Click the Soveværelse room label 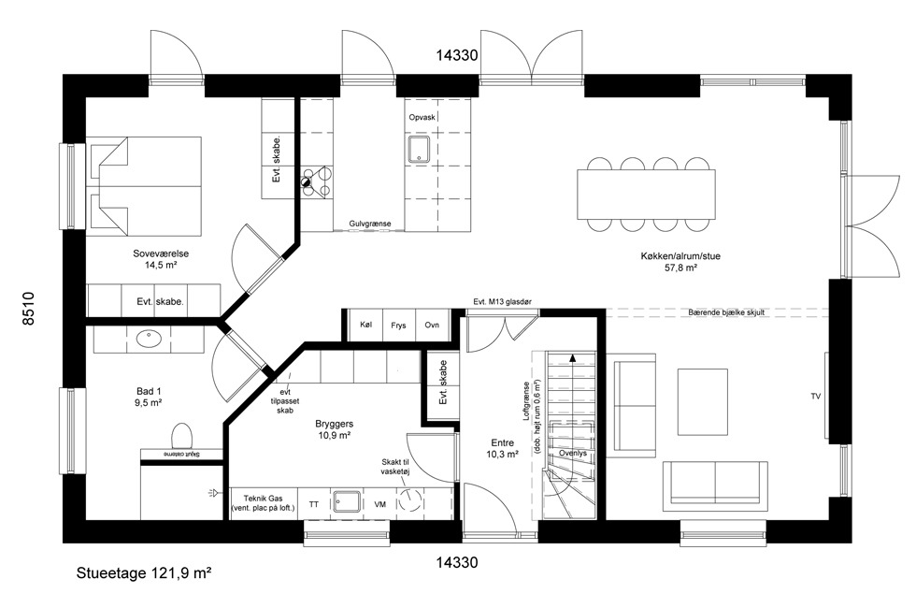[161, 253]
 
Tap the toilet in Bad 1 [181, 436]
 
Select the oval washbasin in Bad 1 [149, 338]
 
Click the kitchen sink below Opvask [419, 149]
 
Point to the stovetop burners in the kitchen [317, 181]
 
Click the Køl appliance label [366, 325]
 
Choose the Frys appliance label [398, 326]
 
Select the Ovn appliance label [432, 325]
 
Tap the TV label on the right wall [815, 397]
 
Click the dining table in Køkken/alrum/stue [646, 195]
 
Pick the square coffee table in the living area [702, 401]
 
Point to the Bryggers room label [335, 424]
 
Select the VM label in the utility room [379, 504]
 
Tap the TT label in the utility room [314, 504]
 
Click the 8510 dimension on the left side [28, 309]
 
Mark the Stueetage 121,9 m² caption [144, 573]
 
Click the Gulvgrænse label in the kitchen [370, 224]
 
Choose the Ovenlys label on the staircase [572, 453]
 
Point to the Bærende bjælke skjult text [726, 312]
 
